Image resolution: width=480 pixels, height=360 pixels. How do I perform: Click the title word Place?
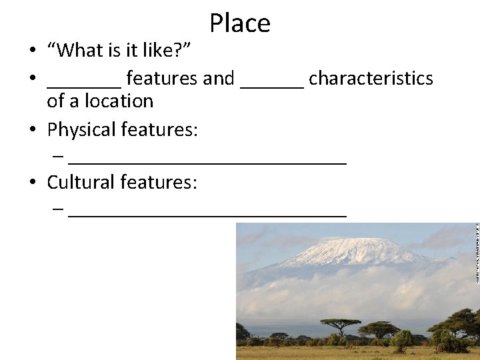pos(240,23)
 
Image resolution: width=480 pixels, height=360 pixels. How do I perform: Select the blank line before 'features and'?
pos(84,85)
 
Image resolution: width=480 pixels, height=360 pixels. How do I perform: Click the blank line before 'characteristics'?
pos(272,85)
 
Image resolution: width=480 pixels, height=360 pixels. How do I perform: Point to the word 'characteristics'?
pos(371,79)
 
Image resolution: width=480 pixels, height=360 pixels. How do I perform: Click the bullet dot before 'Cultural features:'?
pos(32,183)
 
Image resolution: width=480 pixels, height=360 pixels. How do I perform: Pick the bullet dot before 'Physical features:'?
pos(32,130)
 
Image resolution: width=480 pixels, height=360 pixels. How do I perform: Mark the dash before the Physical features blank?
pos(58,157)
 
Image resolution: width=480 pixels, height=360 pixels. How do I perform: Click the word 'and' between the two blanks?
pos(219,79)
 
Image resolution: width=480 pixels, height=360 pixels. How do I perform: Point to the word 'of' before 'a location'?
pos(55,101)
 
